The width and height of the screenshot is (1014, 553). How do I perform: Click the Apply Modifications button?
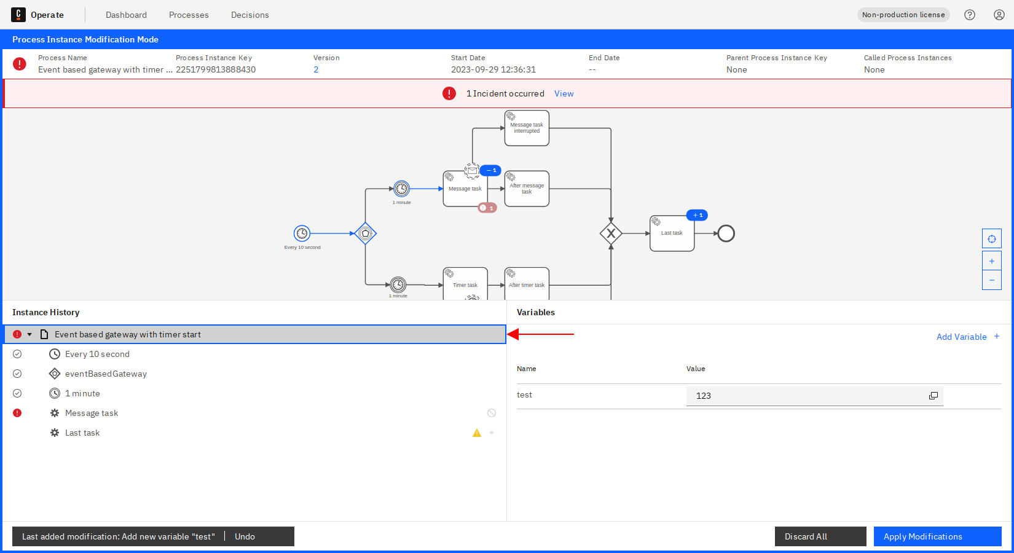937,536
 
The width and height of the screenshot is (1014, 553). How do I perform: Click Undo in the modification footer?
245,536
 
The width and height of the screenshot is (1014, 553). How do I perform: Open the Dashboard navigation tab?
127,15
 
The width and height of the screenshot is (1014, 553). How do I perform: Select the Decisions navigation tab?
250,15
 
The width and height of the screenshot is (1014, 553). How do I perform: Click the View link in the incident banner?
564,93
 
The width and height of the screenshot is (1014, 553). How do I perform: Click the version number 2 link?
316,69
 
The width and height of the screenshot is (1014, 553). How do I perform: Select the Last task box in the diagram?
672,233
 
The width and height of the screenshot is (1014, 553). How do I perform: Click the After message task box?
527,189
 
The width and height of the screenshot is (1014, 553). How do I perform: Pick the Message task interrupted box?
527,128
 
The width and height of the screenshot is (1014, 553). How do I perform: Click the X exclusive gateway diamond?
611,233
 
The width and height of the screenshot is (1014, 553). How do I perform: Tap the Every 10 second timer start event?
302,233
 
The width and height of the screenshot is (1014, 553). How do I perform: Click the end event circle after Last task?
726,233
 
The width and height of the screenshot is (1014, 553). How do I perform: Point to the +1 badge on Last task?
697,216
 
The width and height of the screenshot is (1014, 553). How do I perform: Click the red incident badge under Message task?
487,208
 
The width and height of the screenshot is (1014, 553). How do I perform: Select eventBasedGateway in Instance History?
106,374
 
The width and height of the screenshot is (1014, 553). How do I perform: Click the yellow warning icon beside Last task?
477,433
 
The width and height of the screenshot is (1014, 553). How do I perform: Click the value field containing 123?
814,396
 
